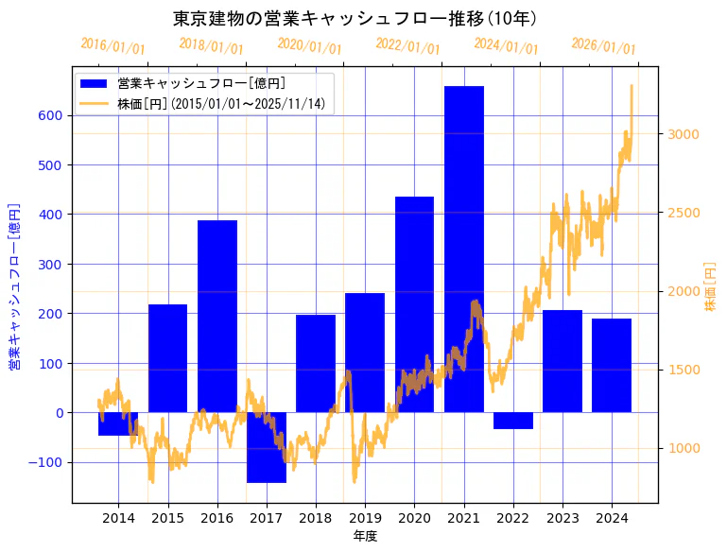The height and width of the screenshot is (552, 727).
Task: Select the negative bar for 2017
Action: pos(267,447)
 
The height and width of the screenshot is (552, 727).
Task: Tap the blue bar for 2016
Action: pos(217,316)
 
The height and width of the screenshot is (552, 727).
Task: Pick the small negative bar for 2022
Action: pos(513,421)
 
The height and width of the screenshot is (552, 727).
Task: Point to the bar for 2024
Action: pos(612,365)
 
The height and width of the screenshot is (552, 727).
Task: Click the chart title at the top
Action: pos(355,19)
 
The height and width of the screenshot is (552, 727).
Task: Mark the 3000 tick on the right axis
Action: pos(684,134)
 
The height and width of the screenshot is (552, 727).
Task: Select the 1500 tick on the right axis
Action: pos(684,370)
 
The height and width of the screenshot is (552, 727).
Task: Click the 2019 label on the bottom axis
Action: pos(365,518)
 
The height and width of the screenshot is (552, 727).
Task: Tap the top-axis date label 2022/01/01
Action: pos(407,46)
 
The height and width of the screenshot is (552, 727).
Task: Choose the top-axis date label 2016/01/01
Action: pos(113,46)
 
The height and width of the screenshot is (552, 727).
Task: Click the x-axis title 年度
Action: pos(365,536)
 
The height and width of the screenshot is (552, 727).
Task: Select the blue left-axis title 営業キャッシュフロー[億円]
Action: pos(14,286)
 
